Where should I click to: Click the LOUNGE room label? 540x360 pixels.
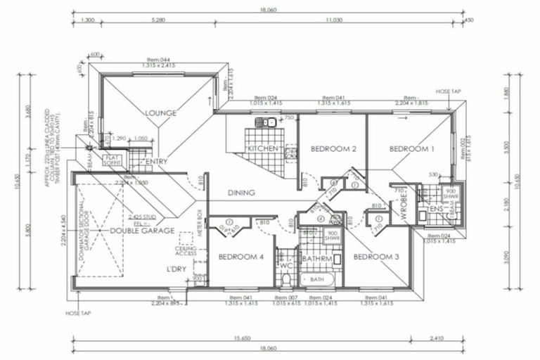[160, 112]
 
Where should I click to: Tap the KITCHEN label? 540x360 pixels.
[264, 149]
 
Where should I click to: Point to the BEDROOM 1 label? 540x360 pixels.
[413, 149]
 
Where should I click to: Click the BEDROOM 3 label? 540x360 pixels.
[377, 257]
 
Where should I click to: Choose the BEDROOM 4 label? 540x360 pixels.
[240, 257]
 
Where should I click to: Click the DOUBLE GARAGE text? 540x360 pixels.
[133, 230]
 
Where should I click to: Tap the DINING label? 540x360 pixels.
[240, 193]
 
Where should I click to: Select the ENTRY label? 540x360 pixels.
[156, 162]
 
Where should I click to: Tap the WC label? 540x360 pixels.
[285, 266]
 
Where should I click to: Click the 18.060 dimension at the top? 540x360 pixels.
[270, 11]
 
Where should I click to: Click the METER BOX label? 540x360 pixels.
[200, 222]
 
